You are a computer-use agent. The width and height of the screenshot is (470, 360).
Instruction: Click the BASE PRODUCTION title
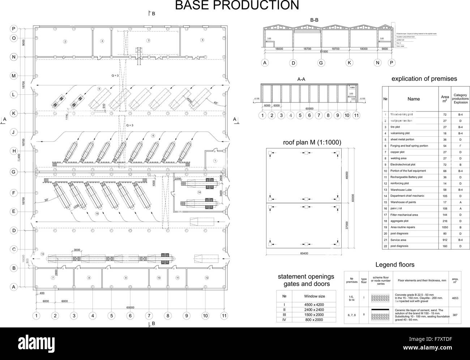pos(237,6)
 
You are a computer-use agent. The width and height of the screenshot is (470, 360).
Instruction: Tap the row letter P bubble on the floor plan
pos(14,29)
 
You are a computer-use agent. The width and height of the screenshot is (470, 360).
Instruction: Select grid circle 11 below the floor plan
pos(224,315)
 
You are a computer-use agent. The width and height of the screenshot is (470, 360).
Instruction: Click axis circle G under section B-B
pos(321,63)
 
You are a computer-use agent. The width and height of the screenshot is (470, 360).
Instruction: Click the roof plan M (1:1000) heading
pos(312,142)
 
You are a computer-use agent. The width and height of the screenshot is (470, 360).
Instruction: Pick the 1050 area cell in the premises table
pos(444,227)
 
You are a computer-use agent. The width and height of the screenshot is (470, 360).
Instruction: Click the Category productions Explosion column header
pos(460,99)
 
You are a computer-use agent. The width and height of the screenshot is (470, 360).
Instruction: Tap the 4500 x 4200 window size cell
pos(314,305)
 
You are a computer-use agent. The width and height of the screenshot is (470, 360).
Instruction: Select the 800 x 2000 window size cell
pos(314,320)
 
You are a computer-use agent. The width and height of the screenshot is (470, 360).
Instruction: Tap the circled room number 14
pos(199,192)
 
